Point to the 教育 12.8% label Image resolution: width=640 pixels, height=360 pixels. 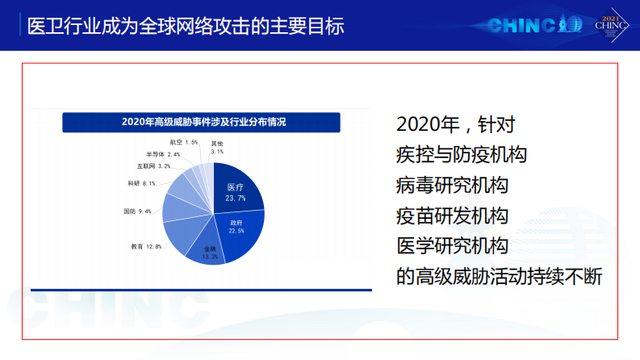pos(147,245)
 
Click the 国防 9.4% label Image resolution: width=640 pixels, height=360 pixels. pos(137,211)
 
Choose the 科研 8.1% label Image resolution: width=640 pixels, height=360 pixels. pos(141,183)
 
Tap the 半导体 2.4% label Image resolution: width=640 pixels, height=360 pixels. pos(163,153)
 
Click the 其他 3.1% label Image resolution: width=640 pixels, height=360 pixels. pos(217,147)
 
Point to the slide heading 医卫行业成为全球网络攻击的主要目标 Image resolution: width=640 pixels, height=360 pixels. pos(185,27)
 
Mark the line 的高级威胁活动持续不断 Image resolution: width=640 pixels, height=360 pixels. pos(500,275)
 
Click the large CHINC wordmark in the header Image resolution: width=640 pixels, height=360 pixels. pos(524,26)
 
